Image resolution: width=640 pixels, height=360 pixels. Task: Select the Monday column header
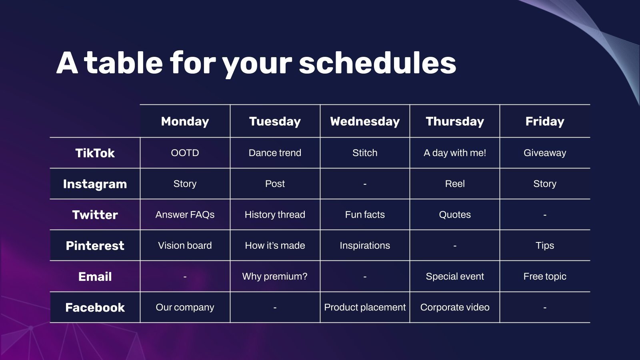(185, 122)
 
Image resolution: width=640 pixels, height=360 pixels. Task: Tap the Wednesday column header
(365, 122)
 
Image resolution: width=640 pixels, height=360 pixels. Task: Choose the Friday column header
(545, 122)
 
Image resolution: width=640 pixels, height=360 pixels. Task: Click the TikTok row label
(95, 153)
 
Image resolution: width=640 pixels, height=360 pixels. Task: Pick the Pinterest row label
(95, 246)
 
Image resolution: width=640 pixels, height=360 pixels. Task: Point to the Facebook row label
(95, 308)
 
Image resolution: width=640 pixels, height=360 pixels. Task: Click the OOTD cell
(185, 153)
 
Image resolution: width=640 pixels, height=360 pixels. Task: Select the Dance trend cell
(275, 153)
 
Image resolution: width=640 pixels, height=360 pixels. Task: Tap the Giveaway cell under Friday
(545, 153)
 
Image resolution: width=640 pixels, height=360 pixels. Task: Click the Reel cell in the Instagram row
(455, 184)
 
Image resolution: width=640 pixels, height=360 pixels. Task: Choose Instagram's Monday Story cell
(185, 184)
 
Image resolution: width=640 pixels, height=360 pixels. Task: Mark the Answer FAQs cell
(185, 214)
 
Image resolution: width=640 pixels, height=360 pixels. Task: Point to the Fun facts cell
(365, 214)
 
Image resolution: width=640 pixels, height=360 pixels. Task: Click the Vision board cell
(185, 246)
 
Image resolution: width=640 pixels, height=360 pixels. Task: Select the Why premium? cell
(275, 276)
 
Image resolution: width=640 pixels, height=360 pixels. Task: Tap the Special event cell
(455, 276)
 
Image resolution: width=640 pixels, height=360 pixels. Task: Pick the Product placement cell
(365, 308)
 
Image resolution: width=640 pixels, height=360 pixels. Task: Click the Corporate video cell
(455, 308)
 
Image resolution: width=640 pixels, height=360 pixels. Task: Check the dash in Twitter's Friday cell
(545, 215)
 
